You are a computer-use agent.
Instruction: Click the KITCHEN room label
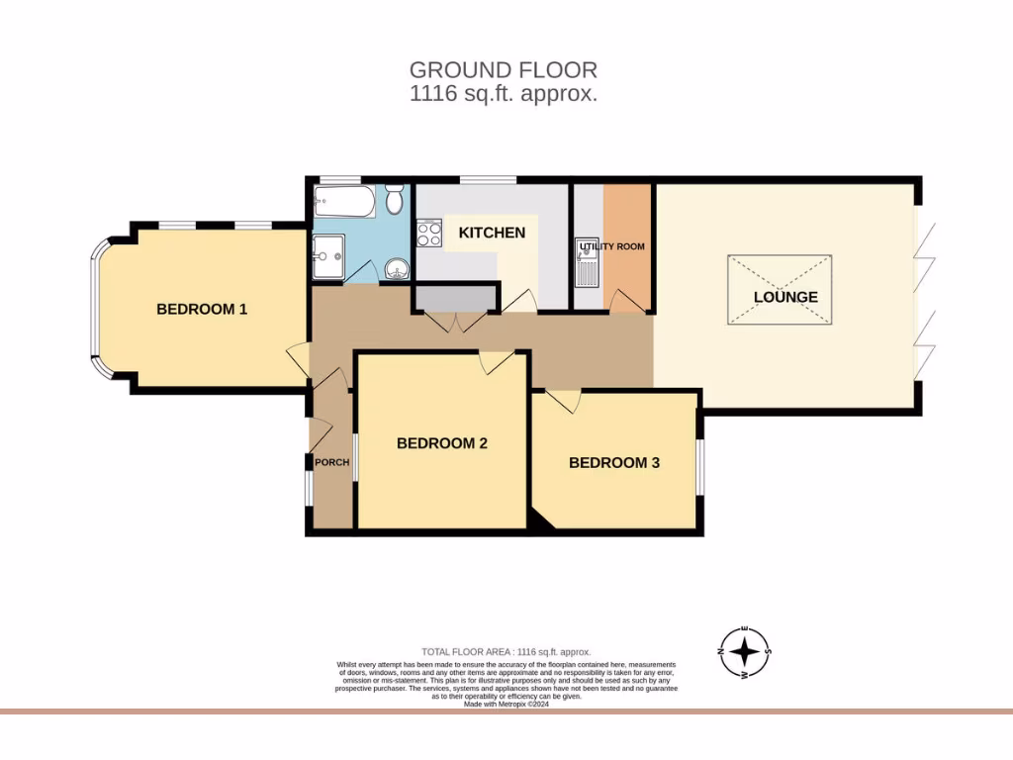tap(492, 233)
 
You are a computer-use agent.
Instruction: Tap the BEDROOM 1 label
tap(202, 309)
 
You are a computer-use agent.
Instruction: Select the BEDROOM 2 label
tap(441, 443)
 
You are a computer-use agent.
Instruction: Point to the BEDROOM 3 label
tap(613, 462)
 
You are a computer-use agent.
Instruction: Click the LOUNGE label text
tap(785, 297)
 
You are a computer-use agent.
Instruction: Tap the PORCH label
tap(331, 463)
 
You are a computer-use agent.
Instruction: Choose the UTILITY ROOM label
tap(612, 245)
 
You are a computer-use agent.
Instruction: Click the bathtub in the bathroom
tap(344, 203)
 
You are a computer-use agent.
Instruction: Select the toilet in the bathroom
tap(395, 200)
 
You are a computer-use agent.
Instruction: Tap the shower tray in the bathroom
tap(328, 257)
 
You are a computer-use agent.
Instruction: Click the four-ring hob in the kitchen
tap(430, 234)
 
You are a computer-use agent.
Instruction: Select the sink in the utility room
tap(586, 264)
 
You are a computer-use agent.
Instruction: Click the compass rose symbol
tap(745, 653)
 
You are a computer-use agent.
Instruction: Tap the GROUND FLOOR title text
tap(504, 70)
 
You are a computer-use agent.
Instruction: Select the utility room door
tap(623, 301)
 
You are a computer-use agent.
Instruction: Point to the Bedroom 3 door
tap(564, 401)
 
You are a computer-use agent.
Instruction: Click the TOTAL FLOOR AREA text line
tap(506, 651)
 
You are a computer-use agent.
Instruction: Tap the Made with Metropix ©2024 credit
tap(506, 704)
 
